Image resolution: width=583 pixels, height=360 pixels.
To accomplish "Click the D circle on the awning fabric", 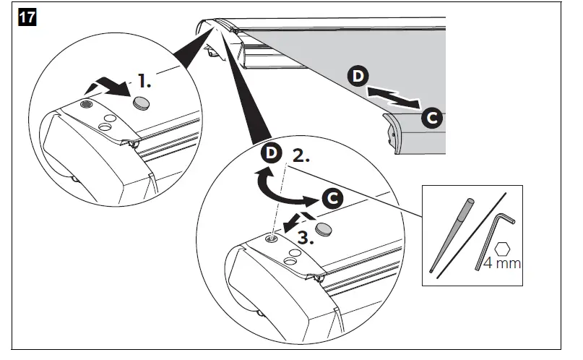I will (358, 76).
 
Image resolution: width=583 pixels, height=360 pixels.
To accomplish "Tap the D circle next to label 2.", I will (272, 154).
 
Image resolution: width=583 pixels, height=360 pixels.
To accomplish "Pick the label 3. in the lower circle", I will (306, 236).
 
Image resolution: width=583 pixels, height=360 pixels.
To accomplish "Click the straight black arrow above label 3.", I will (295, 220).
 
